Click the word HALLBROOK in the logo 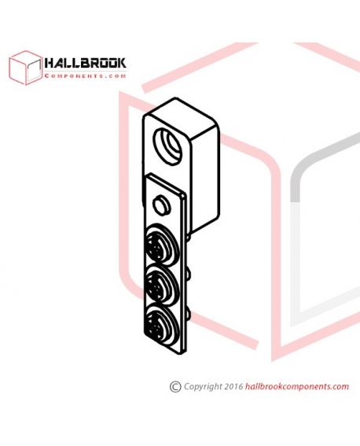[85, 63]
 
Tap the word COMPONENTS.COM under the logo [85, 76]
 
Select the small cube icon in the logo [25, 68]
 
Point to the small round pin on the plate [162, 205]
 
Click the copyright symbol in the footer [175, 387]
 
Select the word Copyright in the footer [203, 387]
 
